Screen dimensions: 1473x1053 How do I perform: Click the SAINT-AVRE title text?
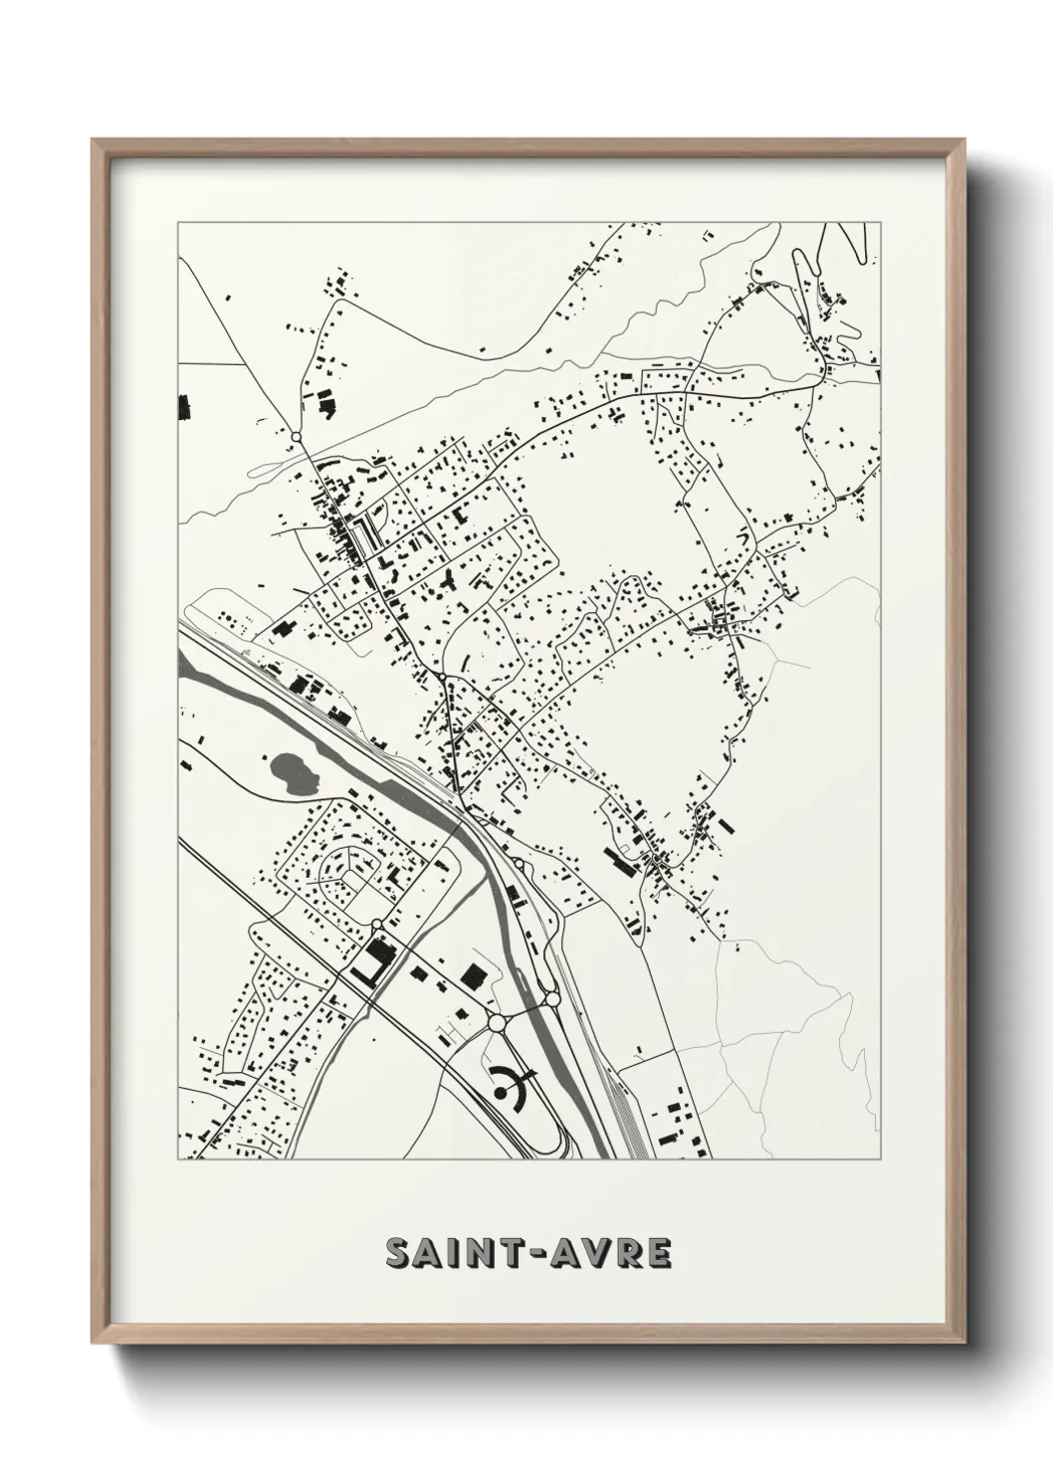click(x=527, y=1253)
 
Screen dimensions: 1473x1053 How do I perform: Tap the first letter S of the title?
click(x=399, y=1254)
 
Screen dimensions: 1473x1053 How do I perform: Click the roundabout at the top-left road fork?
click(x=295, y=436)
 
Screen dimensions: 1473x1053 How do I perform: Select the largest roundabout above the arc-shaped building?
click(x=496, y=1022)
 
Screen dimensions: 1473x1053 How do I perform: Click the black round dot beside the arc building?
click(x=500, y=1092)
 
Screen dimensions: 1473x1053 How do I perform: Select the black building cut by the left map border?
click(x=183, y=405)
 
